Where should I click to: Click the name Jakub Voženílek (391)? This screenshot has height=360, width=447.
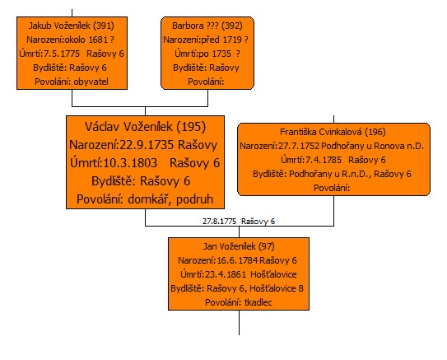coord(72,26)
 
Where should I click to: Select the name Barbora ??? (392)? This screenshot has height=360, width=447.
coord(207,26)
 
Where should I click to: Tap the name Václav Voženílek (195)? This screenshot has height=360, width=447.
coord(145,127)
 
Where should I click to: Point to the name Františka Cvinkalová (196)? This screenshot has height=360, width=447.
coord(333,132)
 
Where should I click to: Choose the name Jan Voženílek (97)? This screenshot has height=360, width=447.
coord(239,246)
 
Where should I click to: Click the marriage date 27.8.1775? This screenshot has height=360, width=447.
coord(220,222)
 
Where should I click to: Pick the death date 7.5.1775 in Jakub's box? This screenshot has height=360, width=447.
coord(62,54)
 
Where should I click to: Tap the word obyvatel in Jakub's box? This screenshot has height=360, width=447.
coord(91,82)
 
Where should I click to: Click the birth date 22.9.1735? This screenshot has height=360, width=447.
coord(147,145)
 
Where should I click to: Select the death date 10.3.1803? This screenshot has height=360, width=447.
coord(130,163)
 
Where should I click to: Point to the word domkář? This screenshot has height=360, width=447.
coord(149,199)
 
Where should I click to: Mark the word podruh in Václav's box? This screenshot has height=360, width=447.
coord(195,199)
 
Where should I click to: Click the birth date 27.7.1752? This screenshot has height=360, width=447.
coord(299,146)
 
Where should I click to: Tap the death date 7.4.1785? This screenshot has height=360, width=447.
coord(323,160)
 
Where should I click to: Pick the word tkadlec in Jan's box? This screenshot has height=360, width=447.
coord(258,302)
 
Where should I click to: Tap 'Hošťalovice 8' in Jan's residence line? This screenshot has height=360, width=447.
coord(277,288)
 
